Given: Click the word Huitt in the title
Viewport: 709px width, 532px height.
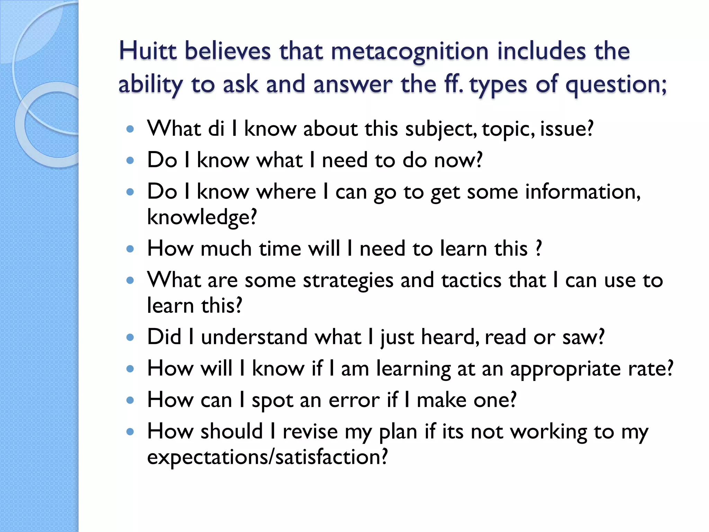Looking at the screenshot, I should coord(148,51).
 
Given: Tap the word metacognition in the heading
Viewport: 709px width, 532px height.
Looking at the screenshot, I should coord(410,51).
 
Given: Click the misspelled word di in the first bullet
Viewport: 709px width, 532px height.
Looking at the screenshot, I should coord(216,129).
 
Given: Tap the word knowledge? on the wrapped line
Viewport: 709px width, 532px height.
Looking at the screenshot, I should coord(202,218).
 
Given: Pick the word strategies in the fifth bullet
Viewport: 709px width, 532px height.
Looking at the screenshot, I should coord(348,280).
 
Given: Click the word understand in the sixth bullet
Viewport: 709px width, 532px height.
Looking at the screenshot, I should coord(254,337).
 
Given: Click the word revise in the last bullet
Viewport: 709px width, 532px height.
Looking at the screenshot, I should coord(310,432).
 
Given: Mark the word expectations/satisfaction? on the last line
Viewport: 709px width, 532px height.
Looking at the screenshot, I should coord(267,457).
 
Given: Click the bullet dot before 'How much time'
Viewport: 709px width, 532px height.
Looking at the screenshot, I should coord(130,249).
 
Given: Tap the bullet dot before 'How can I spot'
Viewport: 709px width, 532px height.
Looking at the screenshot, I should coord(130,400).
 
